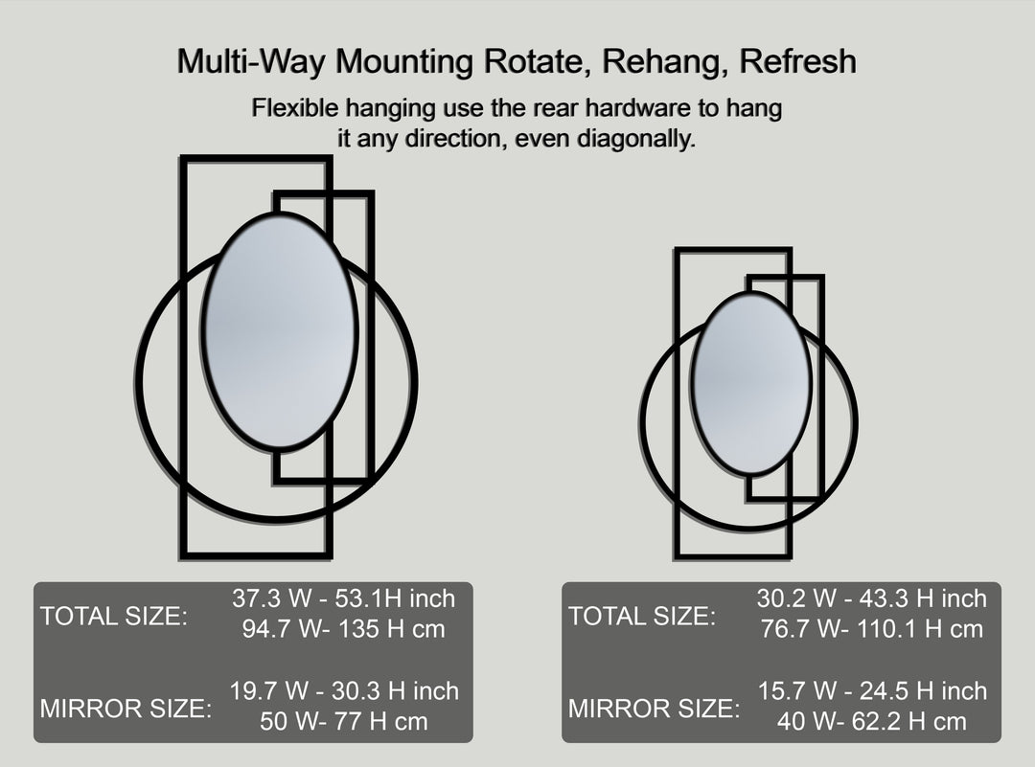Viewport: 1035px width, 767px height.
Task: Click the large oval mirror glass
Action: click(280, 331)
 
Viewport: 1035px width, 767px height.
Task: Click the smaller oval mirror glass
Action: click(751, 383)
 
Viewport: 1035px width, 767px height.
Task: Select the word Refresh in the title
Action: click(798, 62)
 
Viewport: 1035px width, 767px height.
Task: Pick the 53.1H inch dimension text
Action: click(395, 599)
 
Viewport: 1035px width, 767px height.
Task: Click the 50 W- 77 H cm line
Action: click(344, 721)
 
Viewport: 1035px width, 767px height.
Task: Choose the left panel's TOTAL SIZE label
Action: click(114, 617)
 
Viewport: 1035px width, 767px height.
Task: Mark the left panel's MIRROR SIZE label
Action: click(126, 710)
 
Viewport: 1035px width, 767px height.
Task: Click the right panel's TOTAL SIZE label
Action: click(642, 617)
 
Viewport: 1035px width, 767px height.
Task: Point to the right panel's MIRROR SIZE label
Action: click(655, 710)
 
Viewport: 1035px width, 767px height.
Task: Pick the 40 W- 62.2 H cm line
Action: click(871, 721)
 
